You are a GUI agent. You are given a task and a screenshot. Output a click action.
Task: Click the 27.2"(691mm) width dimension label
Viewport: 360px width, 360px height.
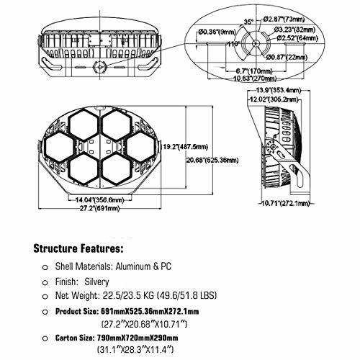click(x=99, y=208)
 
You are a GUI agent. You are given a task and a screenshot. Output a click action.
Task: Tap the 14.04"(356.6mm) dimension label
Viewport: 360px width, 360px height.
click(x=100, y=199)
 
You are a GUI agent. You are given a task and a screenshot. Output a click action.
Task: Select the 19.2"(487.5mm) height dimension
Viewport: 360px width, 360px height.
click(x=186, y=146)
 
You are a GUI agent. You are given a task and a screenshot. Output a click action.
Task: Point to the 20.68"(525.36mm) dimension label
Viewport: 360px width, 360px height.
click(x=212, y=160)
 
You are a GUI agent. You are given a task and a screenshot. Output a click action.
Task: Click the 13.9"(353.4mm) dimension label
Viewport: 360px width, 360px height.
click(x=279, y=90)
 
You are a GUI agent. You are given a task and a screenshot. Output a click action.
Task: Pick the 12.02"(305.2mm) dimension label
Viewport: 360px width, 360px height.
click(x=274, y=99)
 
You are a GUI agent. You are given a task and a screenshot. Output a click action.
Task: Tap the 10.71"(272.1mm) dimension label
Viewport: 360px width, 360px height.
click(x=285, y=203)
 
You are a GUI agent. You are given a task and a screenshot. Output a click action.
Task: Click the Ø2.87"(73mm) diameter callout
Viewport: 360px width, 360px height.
click(x=284, y=19)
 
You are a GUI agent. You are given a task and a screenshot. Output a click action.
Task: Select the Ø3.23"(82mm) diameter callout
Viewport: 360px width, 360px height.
click(x=294, y=30)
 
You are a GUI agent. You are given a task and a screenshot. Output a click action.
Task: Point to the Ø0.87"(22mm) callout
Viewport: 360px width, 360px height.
click(x=287, y=57)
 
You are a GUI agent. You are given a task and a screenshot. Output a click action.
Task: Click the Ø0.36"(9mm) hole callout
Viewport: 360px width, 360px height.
click(x=217, y=32)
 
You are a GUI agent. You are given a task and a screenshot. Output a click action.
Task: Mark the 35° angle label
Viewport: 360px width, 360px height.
click(x=248, y=22)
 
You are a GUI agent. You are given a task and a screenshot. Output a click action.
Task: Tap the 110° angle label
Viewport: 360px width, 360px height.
click(x=234, y=44)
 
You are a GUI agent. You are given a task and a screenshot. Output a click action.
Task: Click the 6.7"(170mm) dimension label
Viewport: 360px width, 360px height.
click(x=254, y=71)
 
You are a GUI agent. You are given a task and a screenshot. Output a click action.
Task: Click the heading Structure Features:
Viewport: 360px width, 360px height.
click(x=78, y=248)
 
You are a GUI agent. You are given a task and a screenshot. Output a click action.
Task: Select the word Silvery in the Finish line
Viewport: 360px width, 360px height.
click(x=96, y=282)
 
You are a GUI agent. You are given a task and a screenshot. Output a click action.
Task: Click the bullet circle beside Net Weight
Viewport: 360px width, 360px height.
click(x=45, y=297)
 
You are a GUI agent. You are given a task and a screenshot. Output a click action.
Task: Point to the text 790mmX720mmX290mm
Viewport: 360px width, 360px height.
click(x=138, y=338)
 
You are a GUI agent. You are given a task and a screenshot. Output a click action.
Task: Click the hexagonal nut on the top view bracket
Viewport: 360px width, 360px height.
click(x=100, y=66)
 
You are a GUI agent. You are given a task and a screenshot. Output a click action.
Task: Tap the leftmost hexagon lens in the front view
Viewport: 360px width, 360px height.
click(x=59, y=146)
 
